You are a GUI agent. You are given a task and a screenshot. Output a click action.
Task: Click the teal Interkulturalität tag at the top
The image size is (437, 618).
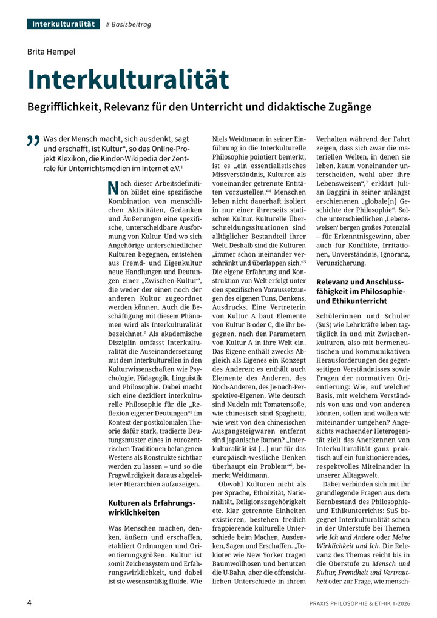[x=63, y=24]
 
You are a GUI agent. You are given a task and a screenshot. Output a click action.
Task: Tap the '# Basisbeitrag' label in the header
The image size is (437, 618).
[x=129, y=24]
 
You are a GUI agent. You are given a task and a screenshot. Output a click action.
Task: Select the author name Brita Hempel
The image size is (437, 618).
[x=52, y=52]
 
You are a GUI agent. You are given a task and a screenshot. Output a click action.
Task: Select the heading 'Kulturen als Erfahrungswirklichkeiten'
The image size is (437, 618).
[x=151, y=508]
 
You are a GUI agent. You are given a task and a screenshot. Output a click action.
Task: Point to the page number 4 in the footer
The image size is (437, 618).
[x=29, y=603]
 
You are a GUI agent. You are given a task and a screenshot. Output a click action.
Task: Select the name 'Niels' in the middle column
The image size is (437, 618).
[x=222, y=139]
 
